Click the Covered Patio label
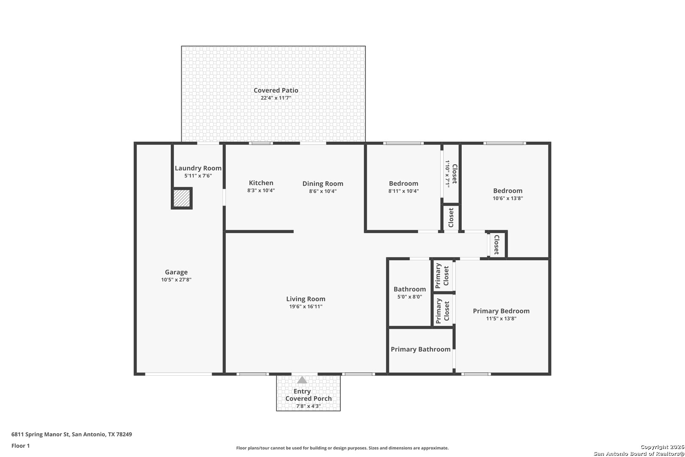pyautogui.click(x=276, y=90)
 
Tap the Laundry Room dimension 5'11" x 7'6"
pyautogui.click(x=198, y=176)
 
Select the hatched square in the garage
pyautogui.click(x=182, y=198)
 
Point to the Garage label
pyautogui.click(x=176, y=272)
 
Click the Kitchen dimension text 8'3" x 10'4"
pyautogui.click(x=261, y=190)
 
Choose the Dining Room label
pyautogui.click(x=323, y=184)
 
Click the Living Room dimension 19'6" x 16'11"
pyautogui.click(x=306, y=306)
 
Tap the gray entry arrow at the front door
pyautogui.click(x=302, y=380)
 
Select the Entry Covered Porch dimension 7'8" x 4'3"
pyautogui.click(x=309, y=406)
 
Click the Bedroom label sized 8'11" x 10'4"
pyautogui.click(x=404, y=183)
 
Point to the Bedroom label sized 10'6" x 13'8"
pyautogui.click(x=508, y=191)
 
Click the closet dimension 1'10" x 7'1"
pyautogui.click(x=447, y=173)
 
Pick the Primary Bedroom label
pyautogui.click(x=501, y=311)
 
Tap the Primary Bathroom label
pyautogui.click(x=420, y=349)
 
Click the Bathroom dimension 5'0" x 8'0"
pyautogui.click(x=410, y=297)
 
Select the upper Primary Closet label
pyautogui.click(x=442, y=275)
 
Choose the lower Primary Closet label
pyautogui.click(x=442, y=311)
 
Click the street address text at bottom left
pyautogui.click(x=71, y=434)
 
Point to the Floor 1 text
pyautogui.click(x=20, y=446)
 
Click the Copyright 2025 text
pyautogui.click(x=662, y=447)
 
